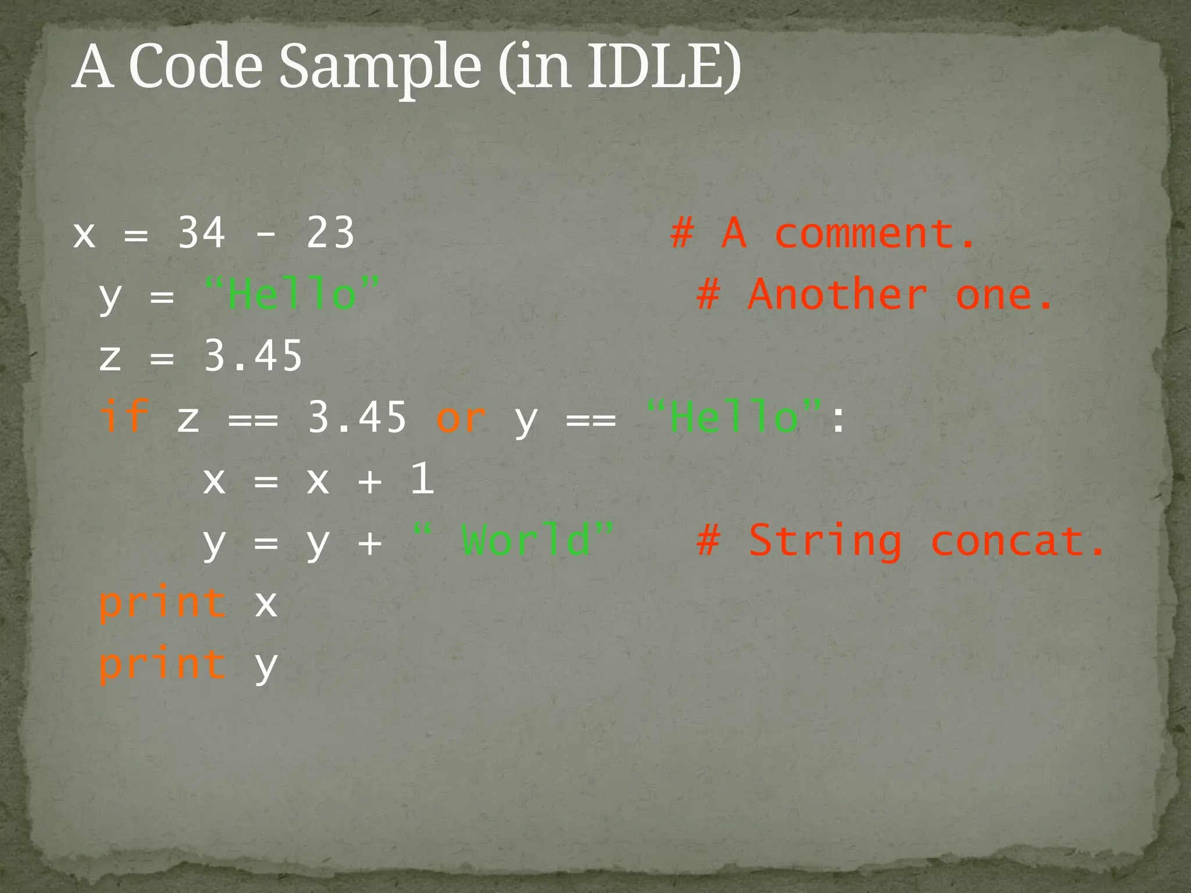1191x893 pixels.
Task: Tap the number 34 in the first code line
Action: click(201, 233)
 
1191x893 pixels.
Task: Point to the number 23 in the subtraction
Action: click(330, 233)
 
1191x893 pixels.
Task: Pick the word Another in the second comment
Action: click(837, 295)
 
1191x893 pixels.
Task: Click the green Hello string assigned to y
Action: click(292, 295)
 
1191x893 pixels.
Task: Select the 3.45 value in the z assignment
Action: click(253, 356)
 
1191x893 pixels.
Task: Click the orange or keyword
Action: click(461, 417)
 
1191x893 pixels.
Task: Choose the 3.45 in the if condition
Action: click(356, 417)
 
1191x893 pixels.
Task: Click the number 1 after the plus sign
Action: click(422, 478)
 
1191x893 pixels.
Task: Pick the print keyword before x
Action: click(163, 603)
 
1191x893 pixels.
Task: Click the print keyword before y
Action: click(163, 664)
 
